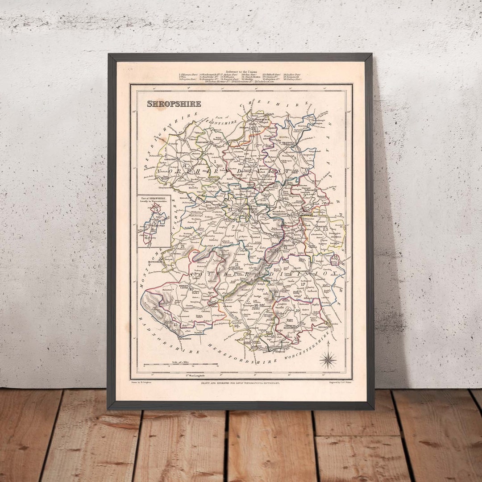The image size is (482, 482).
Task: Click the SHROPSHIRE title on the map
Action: (174, 104)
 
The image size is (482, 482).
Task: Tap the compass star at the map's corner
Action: (328, 360)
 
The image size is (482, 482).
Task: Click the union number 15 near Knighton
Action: (175, 325)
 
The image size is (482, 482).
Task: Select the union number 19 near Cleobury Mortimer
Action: (297, 310)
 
